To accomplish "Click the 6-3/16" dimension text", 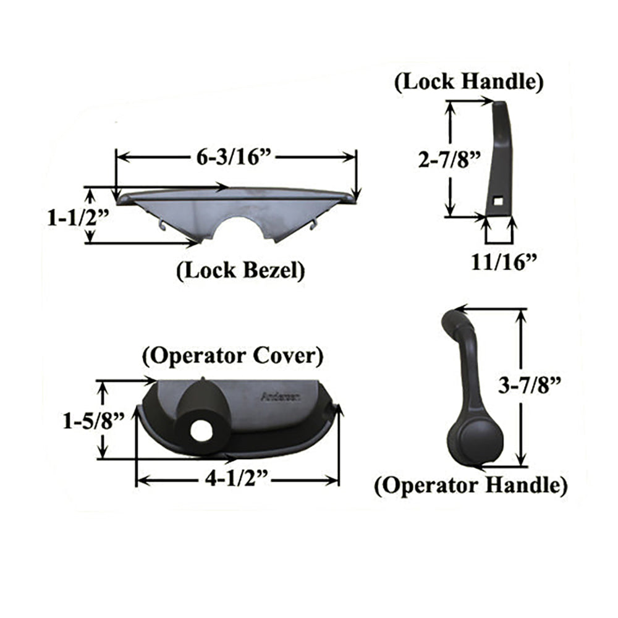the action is (235, 158).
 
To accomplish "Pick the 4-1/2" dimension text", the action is (236, 480).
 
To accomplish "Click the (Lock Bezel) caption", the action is (240, 271).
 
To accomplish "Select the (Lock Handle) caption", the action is (469, 82).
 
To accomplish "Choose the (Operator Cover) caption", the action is (232, 357).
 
